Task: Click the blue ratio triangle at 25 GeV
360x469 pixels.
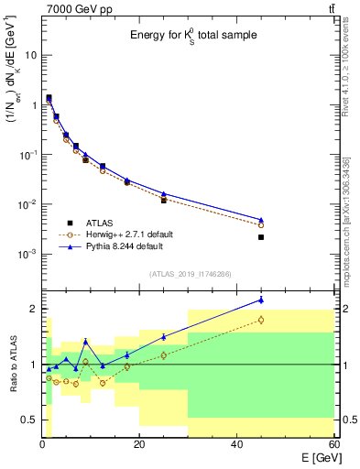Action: (164, 337)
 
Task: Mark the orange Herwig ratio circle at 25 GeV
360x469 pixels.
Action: (164, 355)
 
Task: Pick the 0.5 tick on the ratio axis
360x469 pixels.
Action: (29, 420)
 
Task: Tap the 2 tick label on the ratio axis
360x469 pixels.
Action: (33, 309)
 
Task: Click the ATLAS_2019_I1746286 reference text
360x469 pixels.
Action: (190, 274)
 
